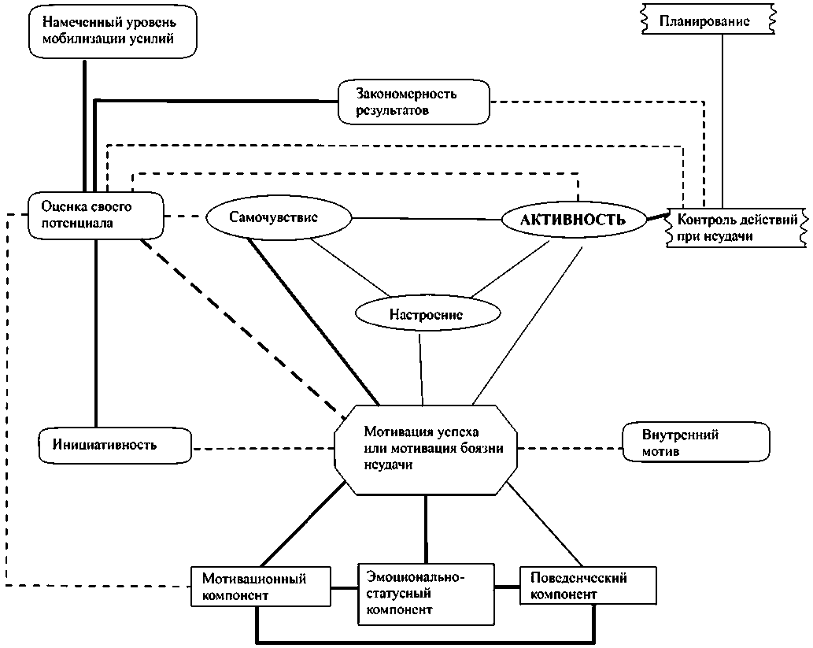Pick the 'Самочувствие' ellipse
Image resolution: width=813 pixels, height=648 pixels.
pyautogui.click(x=277, y=218)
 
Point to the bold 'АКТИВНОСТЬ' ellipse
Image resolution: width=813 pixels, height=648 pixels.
pyautogui.click(x=573, y=220)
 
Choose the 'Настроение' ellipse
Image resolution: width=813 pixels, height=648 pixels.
pyautogui.click(x=426, y=314)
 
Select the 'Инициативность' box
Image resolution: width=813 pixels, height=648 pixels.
pyautogui.click(x=115, y=445)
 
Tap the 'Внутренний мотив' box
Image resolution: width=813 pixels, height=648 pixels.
pyautogui.click(x=696, y=445)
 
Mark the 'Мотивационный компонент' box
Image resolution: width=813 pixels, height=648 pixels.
pyautogui.click(x=261, y=587)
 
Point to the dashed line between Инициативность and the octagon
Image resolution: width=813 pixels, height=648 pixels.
pyautogui.click(x=264, y=449)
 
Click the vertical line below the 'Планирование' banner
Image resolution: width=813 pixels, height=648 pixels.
pyautogui.click(x=723, y=118)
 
